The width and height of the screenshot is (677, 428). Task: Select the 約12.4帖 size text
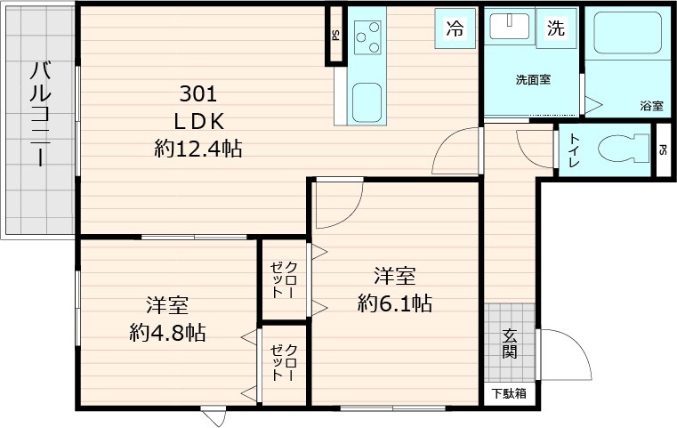coord(198,149)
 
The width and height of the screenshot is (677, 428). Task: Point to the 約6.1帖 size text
coord(395,304)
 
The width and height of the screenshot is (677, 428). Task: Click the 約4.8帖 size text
coord(167,333)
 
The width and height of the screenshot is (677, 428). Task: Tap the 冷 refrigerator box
coord(455,28)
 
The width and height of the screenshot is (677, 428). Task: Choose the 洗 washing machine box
coord(555,28)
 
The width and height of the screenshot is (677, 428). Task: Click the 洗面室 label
coord(533,80)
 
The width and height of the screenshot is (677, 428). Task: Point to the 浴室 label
coord(650,105)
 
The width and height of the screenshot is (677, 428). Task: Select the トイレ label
coord(574,152)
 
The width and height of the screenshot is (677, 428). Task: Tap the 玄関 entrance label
coord(510,343)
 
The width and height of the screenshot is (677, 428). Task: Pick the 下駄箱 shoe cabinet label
coord(509,392)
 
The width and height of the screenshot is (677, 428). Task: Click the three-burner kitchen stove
coord(367,38)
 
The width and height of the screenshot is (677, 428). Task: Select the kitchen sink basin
coord(367,101)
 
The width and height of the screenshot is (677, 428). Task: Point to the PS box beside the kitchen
coord(335,36)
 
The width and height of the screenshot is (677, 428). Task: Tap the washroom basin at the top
coord(510,27)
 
